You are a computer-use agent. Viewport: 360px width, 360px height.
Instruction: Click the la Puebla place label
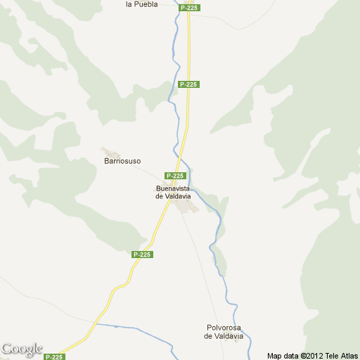pyautogui.click(x=141, y=4)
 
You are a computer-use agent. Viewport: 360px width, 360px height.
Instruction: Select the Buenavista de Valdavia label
pyautogui.click(x=173, y=192)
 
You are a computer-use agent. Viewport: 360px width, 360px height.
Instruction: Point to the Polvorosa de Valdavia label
pyautogui.click(x=224, y=332)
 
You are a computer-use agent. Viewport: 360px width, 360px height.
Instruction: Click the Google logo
pyautogui.click(x=22, y=349)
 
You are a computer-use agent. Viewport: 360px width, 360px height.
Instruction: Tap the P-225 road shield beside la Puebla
pyautogui.click(x=188, y=7)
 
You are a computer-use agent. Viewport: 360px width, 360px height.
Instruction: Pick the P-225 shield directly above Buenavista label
pyautogui.click(x=175, y=176)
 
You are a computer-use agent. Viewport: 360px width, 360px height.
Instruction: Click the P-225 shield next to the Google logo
pyautogui.click(x=54, y=356)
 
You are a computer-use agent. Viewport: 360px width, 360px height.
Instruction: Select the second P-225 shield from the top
pyautogui.click(x=188, y=84)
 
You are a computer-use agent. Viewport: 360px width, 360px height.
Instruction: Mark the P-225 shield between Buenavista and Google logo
pyautogui.click(x=143, y=255)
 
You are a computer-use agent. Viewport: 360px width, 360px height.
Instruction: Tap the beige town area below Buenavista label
pyautogui.click(x=185, y=207)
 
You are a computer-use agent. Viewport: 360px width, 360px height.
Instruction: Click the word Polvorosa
pyautogui.click(x=224, y=328)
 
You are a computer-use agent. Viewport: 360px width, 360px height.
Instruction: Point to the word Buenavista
pyautogui.click(x=173, y=188)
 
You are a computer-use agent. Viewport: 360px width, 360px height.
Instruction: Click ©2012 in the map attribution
pyautogui.click(x=311, y=356)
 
